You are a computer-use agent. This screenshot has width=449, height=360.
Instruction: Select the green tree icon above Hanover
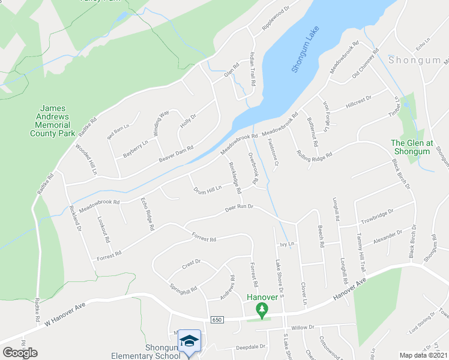(x=262, y=310)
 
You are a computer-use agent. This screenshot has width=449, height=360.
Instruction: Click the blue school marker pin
(x=190, y=342)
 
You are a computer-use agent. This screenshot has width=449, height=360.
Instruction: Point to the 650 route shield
(x=217, y=320)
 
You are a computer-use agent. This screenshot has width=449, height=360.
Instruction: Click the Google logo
(x=20, y=353)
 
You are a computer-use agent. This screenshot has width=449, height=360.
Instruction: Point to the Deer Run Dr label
(x=240, y=208)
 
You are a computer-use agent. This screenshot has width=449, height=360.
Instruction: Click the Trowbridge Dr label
(x=377, y=214)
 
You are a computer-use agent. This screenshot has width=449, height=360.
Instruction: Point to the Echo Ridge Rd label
(x=148, y=215)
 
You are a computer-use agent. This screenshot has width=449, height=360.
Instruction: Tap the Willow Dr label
(x=303, y=328)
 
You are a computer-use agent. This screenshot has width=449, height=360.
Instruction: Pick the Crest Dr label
(x=191, y=262)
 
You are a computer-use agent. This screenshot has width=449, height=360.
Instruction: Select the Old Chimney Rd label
(x=366, y=64)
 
